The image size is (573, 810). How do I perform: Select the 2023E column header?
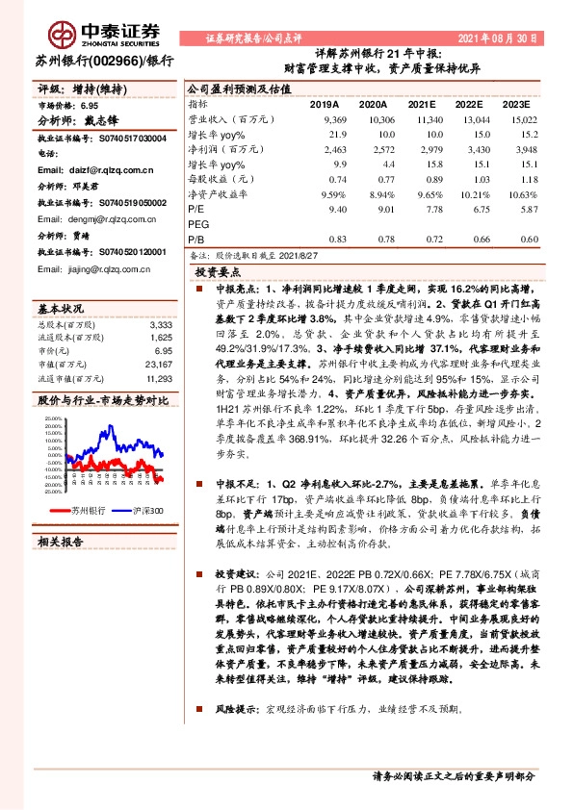[517, 103]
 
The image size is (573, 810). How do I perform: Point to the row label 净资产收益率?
[221, 192]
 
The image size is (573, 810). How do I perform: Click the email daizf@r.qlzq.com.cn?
[79, 170]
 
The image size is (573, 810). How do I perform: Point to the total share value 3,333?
[162, 325]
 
